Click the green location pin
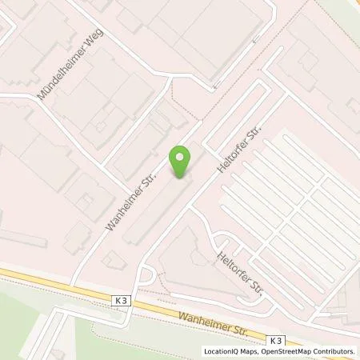(x=182, y=158)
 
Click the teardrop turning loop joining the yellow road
(x=145, y=277)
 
